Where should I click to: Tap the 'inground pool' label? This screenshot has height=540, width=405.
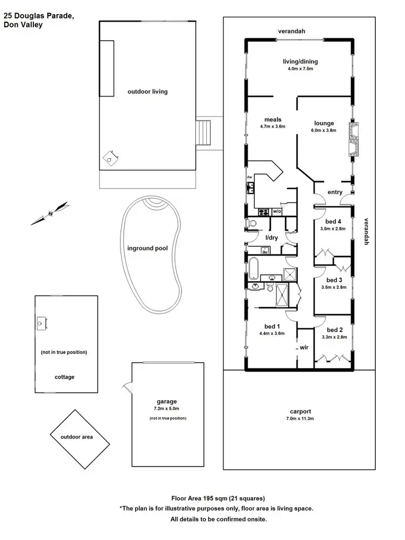[147, 249]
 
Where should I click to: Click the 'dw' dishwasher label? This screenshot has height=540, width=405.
[249, 177]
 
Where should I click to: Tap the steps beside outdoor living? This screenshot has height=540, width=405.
[204, 132]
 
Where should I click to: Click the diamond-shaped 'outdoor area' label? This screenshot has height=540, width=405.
[76, 437]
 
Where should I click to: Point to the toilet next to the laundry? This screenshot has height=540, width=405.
[251, 223]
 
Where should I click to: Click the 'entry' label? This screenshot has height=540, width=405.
[335, 193]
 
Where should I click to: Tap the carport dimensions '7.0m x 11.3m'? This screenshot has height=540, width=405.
[300, 418]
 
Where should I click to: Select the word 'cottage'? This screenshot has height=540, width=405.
[65, 377]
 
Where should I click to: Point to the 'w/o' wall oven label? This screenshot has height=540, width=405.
[277, 211]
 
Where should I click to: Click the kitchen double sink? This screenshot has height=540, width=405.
[251, 188]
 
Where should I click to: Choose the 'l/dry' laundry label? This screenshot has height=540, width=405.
[271, 238]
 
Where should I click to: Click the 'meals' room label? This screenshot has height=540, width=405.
[273, 119]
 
